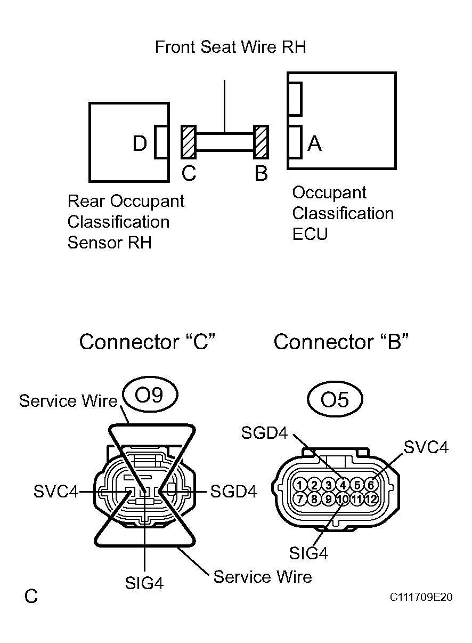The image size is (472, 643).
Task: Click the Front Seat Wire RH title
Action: tap(230, 47)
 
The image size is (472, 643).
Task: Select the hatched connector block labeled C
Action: tap(189, 142)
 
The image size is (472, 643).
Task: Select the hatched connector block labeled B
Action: tap(261, 142)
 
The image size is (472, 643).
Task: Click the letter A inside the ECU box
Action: tap(315, 143)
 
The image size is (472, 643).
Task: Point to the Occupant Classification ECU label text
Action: tap(343, 213)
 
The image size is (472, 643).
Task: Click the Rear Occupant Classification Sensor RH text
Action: tap(125, 222)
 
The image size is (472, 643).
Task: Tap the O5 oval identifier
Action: tap(335, 399)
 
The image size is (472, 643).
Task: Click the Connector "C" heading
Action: tap(147, 342)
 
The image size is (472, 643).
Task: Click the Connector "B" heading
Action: tap(341, 342)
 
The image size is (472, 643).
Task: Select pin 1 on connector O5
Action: tap(300, 485)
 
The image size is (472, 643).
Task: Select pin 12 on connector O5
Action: tap(371, 499)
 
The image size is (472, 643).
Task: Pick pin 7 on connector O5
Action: tap(300, 499)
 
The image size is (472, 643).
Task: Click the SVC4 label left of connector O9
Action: tap(56, 492)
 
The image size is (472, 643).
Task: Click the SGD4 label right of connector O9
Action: tap(233, 492)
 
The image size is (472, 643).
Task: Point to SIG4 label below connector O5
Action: tap(309, 553)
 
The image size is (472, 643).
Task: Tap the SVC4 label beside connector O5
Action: tap(426, 447)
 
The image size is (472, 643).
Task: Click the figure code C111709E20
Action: tap(421, 597)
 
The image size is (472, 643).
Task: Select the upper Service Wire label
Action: tap(68, 401)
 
